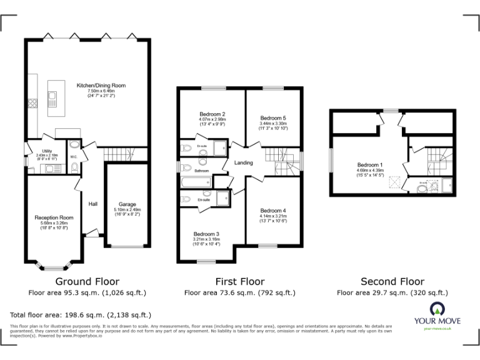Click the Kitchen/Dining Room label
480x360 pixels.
point(101,85)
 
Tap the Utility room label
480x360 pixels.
point(47,151)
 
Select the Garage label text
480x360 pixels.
point(127,204)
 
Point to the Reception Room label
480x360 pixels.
point(54,217)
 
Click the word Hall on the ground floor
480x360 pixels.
point(92,204)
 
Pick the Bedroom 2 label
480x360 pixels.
point(212,114)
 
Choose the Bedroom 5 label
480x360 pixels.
point(273,118)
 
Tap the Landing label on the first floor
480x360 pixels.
point(244,163)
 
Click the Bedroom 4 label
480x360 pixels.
point(272,211)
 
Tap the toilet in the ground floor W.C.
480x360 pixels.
point(74,167)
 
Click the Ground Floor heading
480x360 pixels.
point(87,282)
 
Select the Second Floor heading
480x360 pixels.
point(392,282)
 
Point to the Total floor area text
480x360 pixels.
point(81,315)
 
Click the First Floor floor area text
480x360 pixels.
point(240,292)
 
